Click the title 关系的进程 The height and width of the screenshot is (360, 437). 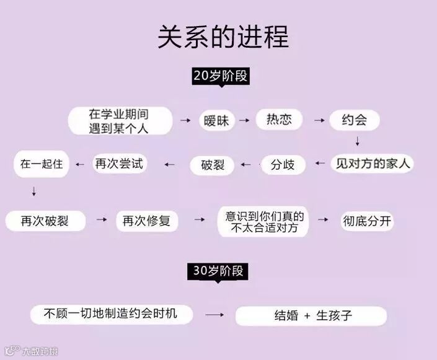click(x=223, y=37)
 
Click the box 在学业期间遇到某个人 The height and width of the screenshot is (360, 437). click(x=120, y=121)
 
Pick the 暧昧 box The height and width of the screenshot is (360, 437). click(x=216, y=120)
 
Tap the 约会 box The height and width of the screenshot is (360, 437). click(x=354, y=120)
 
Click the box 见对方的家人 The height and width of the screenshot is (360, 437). click(x=373, y=164)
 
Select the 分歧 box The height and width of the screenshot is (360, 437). click(x=283, y=165)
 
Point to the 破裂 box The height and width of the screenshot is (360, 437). click(x=211, y=165)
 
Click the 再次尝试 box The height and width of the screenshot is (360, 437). click(x=118, y=164)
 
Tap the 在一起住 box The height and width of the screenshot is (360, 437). click(x=42, y=164)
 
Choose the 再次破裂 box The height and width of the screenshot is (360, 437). click(x=45, y=221)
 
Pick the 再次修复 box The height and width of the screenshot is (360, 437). click(x=147, y=221)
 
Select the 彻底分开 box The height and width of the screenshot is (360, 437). click(x=367, y=221)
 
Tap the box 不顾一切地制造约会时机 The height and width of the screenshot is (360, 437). click(x=111, y=314)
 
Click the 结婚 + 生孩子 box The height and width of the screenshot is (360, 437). click(x=311, y=315)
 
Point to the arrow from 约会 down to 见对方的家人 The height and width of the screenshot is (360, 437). click(x=358, y=142)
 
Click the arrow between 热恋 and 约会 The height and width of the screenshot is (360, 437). click(x=319, y=120)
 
